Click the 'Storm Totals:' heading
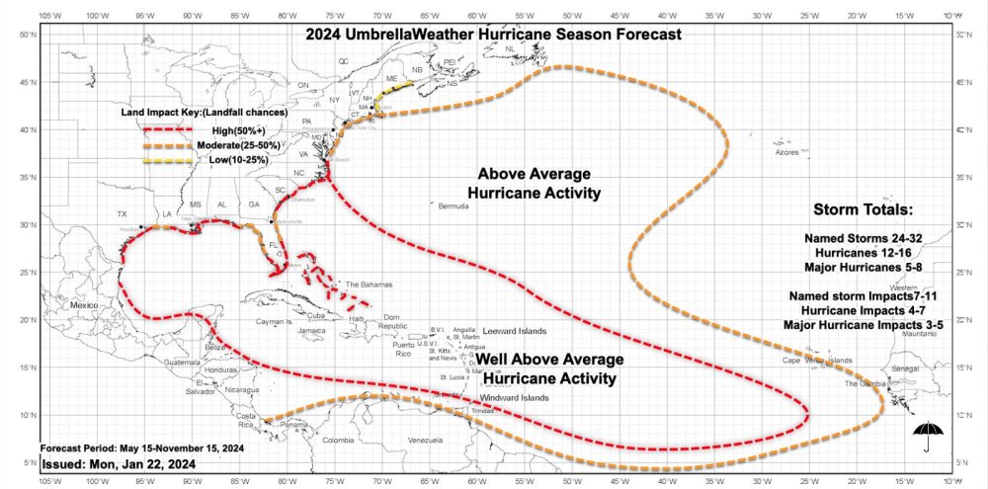tap(863, 210)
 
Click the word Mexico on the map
tap(85, 307)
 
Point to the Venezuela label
tap(430, 439)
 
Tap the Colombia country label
tap(338, 440)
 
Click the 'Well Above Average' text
tap(550, 360)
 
